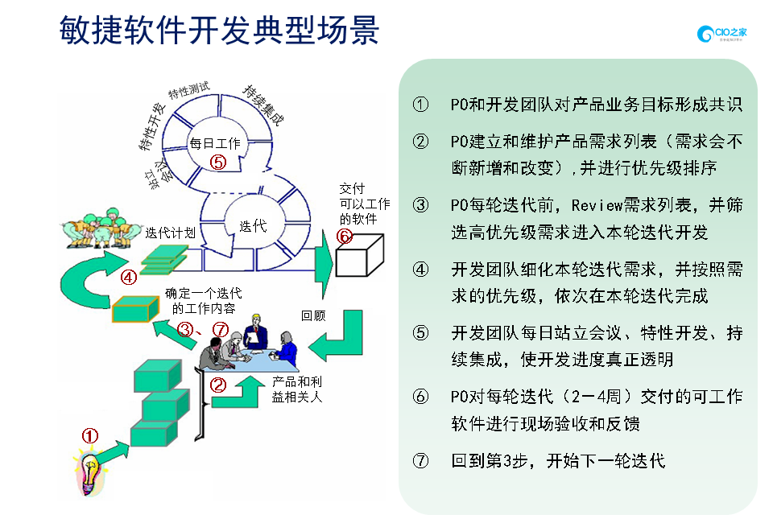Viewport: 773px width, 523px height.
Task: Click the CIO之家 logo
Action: tap(722, 34)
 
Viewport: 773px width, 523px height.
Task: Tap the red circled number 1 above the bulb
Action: tap(90, 435)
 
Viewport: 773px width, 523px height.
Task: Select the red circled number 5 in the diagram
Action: tap(217, 162)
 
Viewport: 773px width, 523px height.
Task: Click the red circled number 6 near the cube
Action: tap(344, 236)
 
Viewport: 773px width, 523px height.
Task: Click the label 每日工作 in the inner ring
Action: tap(214, 143)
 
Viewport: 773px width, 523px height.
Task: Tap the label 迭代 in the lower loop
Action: tap(253, 226)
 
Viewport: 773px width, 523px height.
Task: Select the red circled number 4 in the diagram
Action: tap(128, 278)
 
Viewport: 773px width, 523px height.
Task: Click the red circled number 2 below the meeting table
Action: tap(217, 385)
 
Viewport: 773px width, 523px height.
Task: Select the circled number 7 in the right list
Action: tap(420, 461)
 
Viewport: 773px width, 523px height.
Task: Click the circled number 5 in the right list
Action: tap(420, 333)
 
